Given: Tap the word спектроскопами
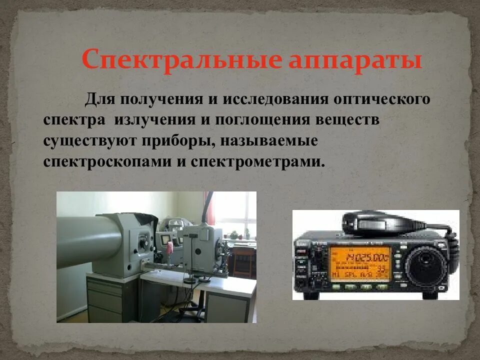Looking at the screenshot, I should coord(105,162).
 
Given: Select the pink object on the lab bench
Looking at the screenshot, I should coord(170,247).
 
